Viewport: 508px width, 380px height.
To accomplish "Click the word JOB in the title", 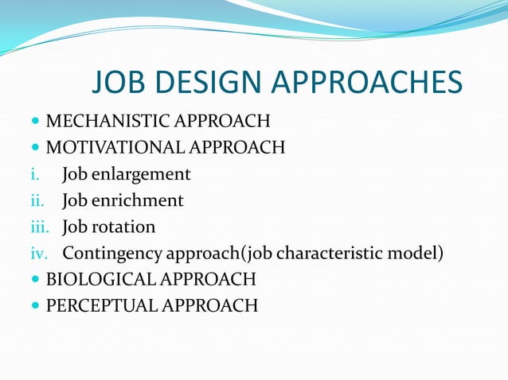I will tap(121, 83).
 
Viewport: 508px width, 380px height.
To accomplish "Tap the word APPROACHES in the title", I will tap(367, 83).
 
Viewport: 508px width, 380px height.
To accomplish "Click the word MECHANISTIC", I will tap(109, 122).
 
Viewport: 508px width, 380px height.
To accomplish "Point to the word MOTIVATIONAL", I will tap(112, 147).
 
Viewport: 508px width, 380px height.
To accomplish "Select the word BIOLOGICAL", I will tap(100, 279).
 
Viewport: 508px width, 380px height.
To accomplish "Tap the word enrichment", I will tap(138, 200).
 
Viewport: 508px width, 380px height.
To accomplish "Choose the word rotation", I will tap(123, 227).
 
